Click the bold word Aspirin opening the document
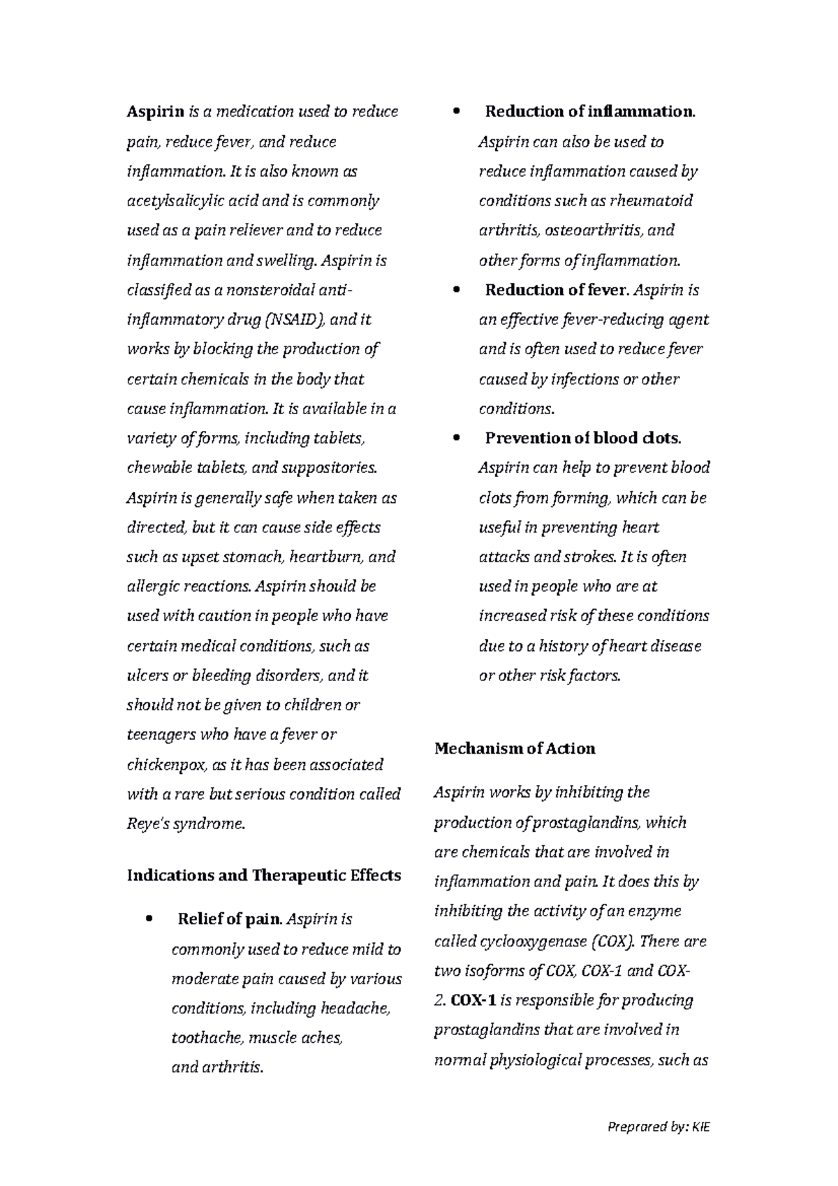click(x=155, y=112)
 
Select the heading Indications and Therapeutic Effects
click(x=264, y=875)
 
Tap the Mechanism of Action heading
click(x=515, y=749)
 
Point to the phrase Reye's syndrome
click(x=186, y=824)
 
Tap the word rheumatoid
click(x=651, y=201)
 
